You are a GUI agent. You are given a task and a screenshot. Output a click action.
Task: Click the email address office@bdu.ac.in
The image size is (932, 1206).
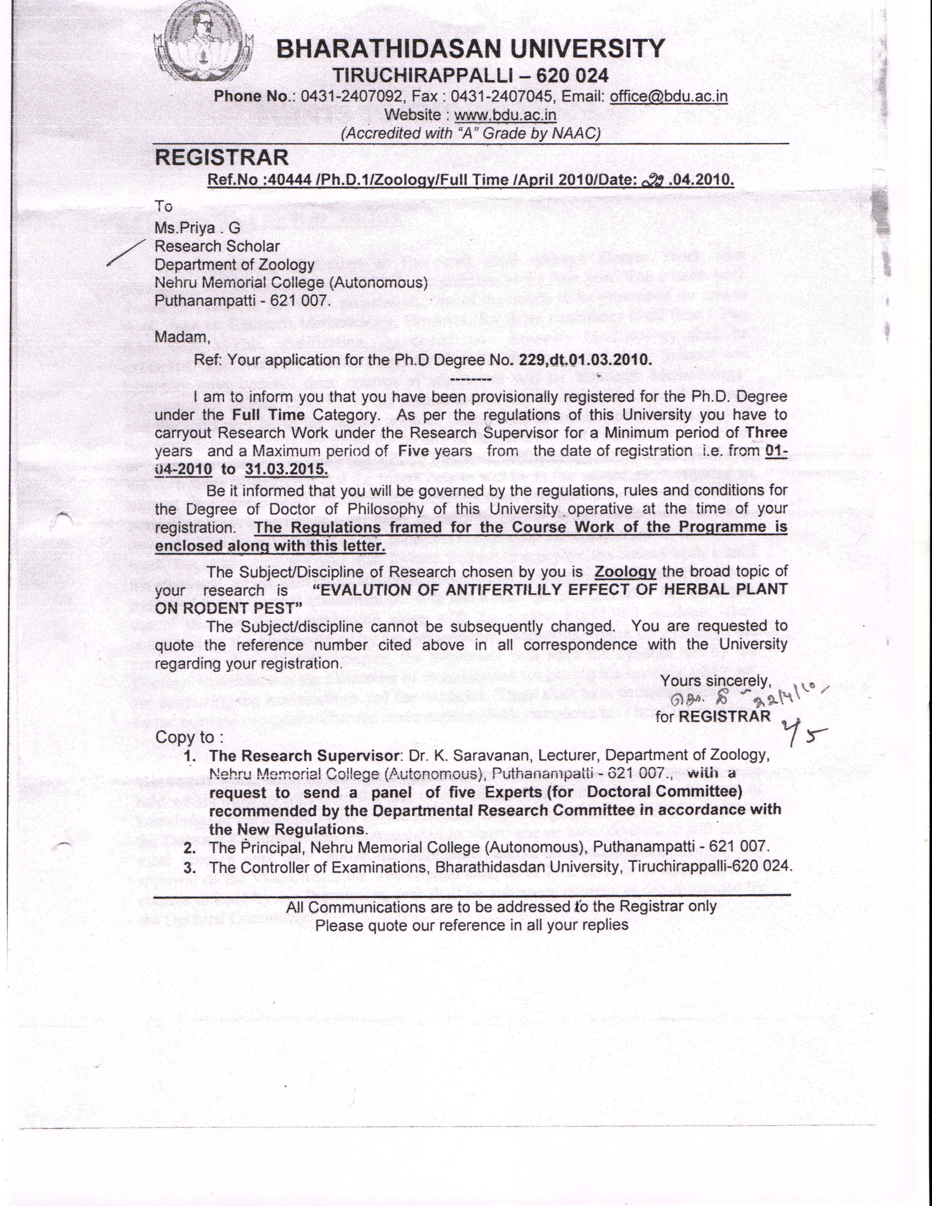pyautogui.click(x=668, y=96)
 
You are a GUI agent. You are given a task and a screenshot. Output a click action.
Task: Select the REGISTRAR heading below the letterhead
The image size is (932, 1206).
pyautogui.click(x=221, y=158)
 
